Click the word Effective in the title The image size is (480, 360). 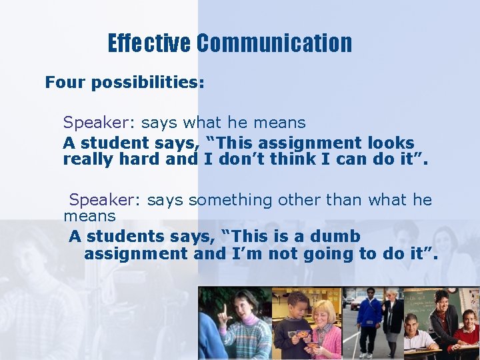(149, 43)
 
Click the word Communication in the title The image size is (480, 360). (274, 43)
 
